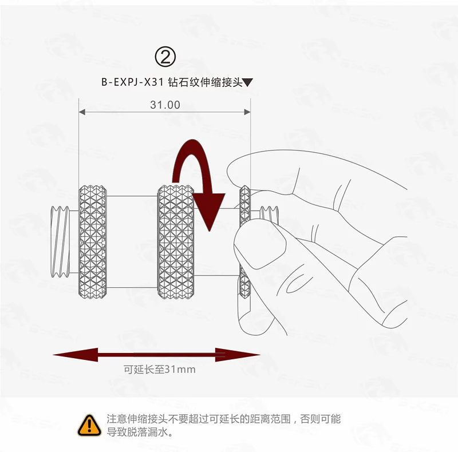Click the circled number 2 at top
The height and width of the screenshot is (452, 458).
click(x=165, y=57)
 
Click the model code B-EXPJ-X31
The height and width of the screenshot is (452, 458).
click(x=132, y=82)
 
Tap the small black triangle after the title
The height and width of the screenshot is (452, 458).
click(x=247, y=82)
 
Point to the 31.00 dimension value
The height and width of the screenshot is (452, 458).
click(x=165, y=105)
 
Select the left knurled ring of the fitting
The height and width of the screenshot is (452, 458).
click(x=93, y=241)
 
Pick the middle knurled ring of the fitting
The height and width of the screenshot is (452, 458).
click(x=176, y=241)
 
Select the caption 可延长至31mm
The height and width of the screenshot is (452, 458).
click(x=160, y=370)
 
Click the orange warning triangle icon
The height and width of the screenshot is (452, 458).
click(x=89, y=425)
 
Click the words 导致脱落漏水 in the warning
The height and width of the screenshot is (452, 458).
click(x=137, y=433)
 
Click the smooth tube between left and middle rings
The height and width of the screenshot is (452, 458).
click(x=132, y=241)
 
